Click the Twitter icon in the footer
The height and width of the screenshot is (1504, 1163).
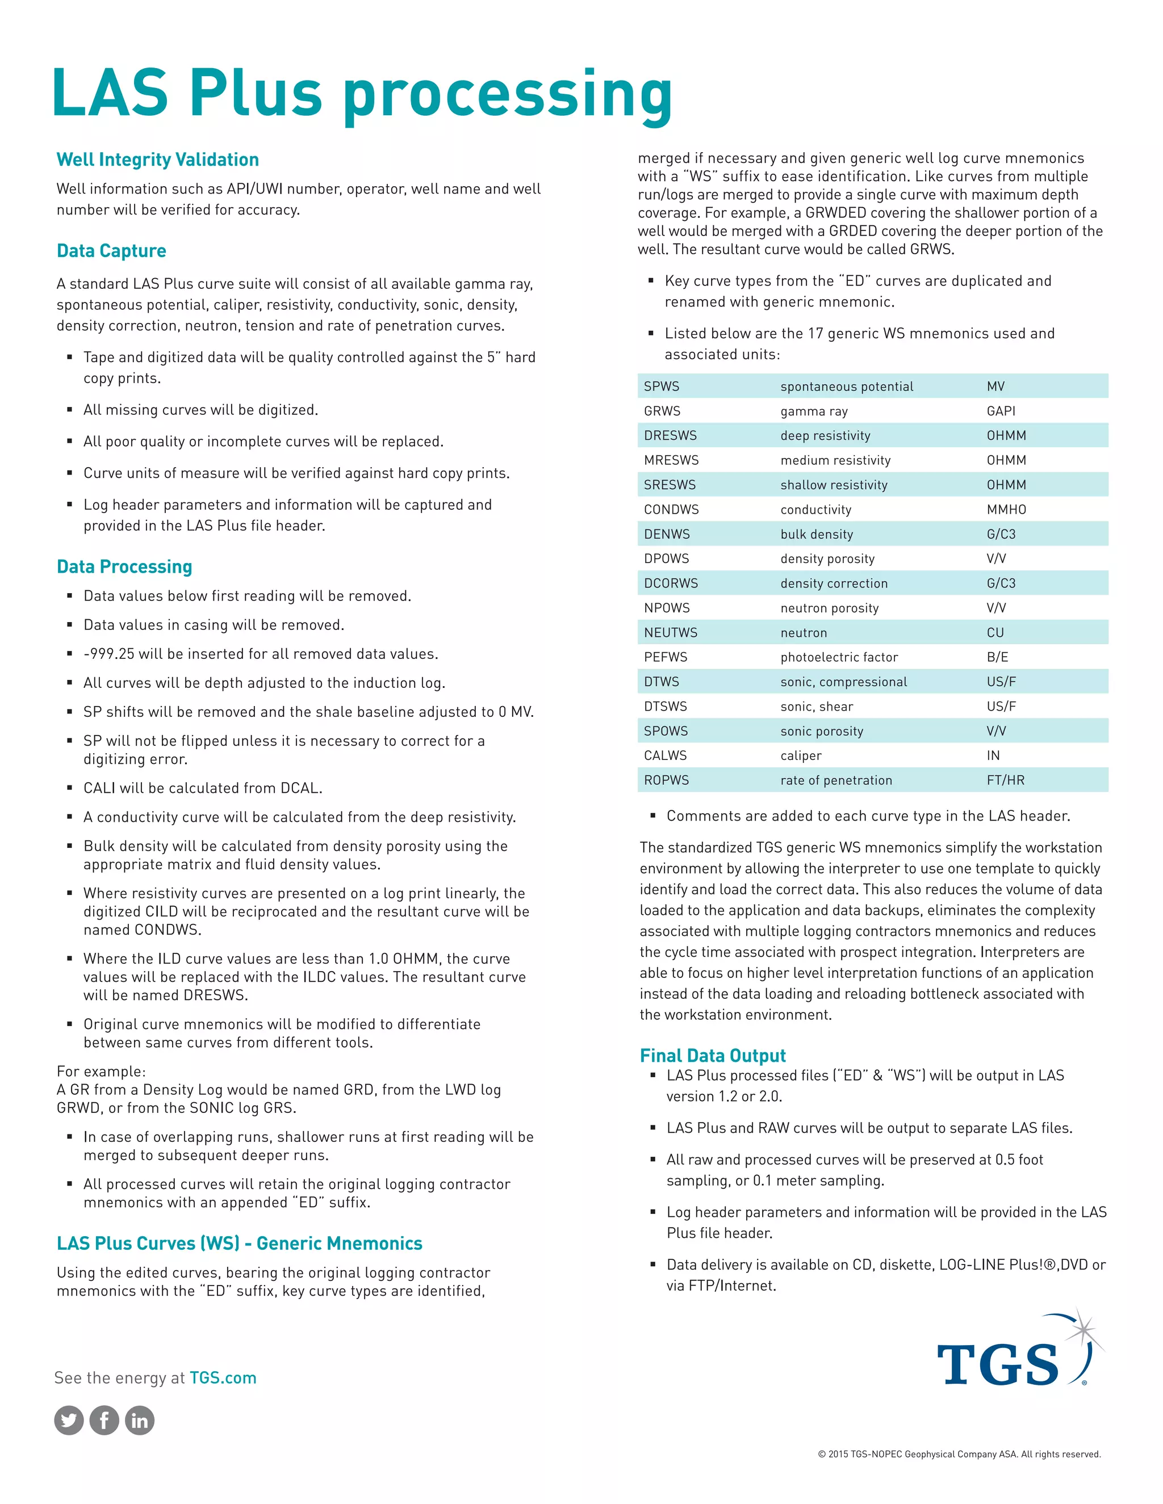(69, 1420)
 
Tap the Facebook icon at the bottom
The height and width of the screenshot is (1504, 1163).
(104, 1420)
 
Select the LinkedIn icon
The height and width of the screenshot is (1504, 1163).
(139, 1420)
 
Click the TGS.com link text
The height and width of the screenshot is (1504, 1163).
(223, 1377)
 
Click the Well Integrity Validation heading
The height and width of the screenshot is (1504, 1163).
(157, 160)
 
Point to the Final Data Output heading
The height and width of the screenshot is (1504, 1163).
(713, 1055)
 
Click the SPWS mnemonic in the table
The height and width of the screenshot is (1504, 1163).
(662, 386)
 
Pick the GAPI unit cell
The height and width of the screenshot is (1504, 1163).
(1001, 411)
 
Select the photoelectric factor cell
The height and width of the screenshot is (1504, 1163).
(839, 657)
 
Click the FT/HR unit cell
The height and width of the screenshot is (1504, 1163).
(1005, 780)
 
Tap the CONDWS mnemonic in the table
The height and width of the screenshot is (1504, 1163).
(671, 510)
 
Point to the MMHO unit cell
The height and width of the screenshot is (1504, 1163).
(1006, 510)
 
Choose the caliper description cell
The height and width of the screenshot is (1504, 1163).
(801, 755)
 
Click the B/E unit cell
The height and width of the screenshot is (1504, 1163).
(997, 657)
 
